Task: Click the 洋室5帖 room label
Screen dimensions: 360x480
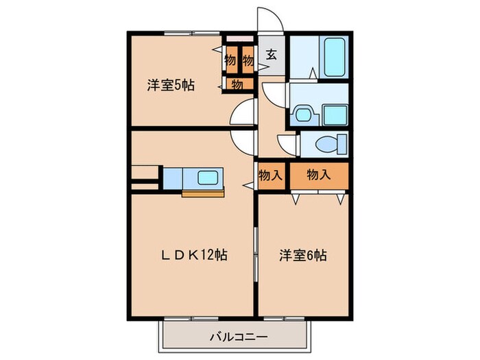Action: coord(170,86)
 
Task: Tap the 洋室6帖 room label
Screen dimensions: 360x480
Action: coord(302,256)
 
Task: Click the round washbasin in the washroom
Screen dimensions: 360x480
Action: coord(302,113)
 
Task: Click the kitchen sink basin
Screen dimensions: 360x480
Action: coord(208,178)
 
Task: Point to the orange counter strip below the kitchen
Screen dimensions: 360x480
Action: coord(203,193)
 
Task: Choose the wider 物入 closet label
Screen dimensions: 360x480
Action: coord(318,175)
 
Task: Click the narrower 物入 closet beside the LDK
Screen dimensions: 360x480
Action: coord(270,175)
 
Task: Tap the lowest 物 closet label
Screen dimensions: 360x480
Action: coord(236,85)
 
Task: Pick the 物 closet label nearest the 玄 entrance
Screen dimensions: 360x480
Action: coord(248,60)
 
